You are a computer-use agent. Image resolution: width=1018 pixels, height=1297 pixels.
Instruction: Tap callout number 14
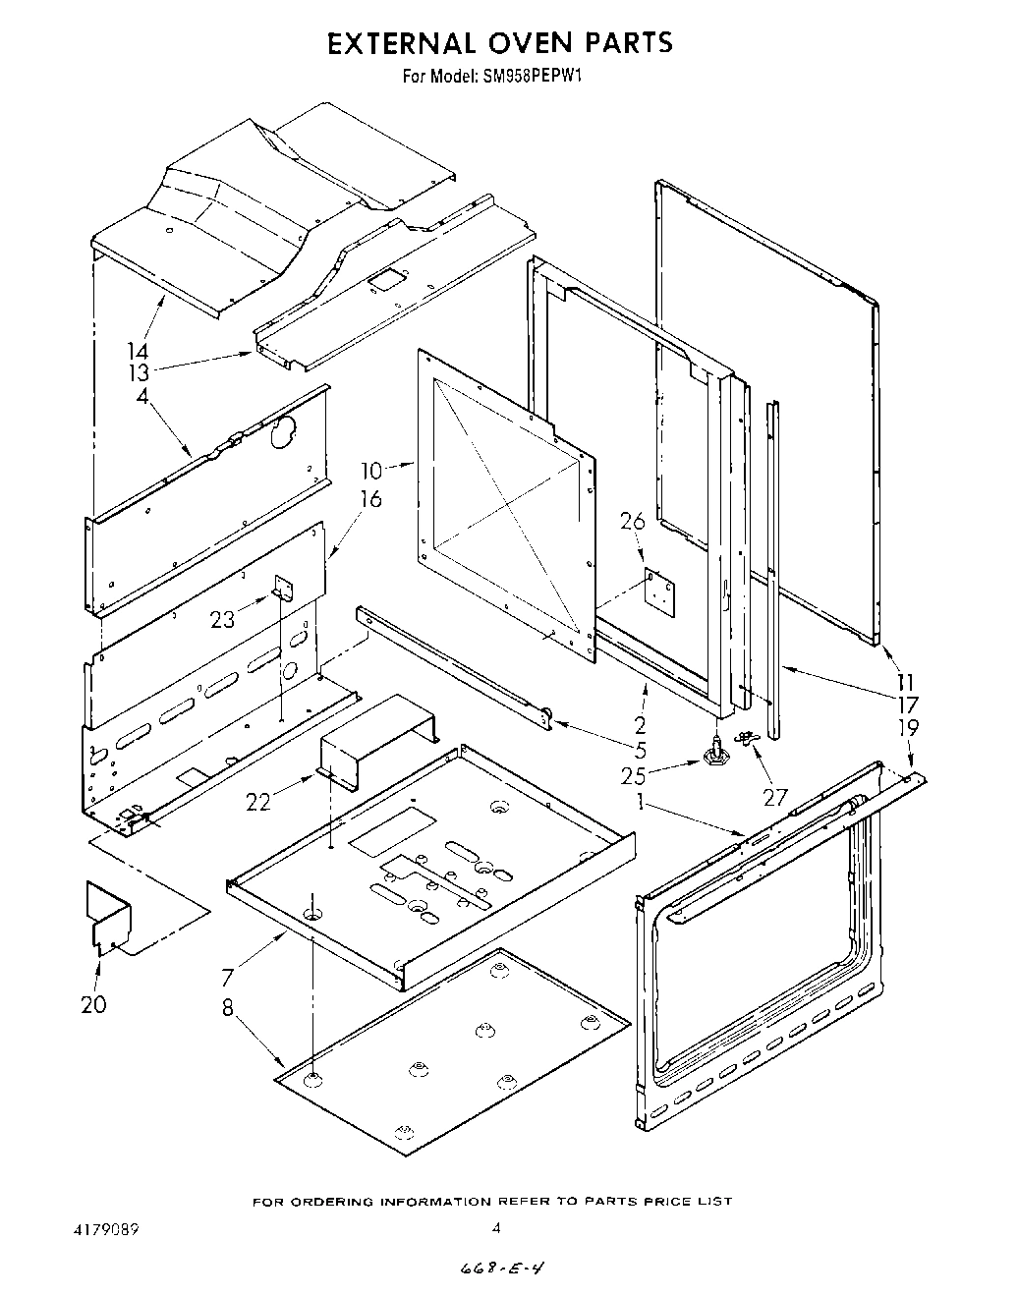138,351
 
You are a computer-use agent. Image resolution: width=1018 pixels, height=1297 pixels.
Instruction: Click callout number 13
138,373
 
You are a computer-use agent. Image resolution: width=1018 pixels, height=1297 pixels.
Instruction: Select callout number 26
632,523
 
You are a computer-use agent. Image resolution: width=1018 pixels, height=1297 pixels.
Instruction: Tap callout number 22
258,803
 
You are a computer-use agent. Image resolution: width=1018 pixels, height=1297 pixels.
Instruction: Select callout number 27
776,797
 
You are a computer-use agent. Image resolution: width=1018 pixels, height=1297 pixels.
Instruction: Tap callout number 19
909,728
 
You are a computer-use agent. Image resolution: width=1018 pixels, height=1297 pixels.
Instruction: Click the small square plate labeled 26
658,592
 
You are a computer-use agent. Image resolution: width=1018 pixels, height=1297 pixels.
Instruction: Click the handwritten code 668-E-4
502,1269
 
